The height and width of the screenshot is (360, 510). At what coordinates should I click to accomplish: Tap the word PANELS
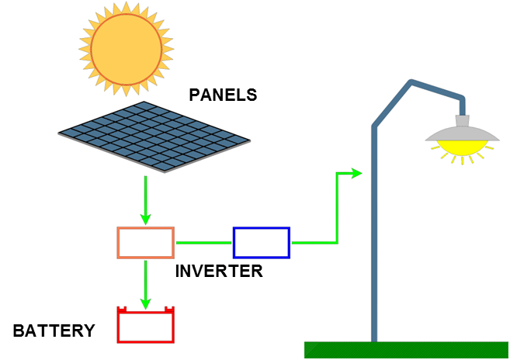tap(223, 95)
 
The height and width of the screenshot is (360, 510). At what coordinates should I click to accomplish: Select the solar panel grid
tap(154, 136)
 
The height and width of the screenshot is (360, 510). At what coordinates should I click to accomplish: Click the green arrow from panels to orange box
tap(145, 199)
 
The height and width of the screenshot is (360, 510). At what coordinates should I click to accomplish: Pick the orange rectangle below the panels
tap(145, 242)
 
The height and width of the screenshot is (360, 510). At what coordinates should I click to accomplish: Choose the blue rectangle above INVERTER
tap(262, 242)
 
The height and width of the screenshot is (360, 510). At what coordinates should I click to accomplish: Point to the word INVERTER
tap(219, 272)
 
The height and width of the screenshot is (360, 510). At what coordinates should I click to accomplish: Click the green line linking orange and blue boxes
tap(203, 243)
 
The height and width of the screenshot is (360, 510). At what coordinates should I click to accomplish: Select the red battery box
tap(145, 326)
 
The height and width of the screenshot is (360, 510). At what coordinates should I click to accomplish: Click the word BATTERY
tap(54, 331)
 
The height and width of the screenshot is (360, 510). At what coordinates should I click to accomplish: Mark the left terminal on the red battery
tap(121, 310)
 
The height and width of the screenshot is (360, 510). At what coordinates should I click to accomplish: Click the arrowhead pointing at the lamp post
tap(356, 173)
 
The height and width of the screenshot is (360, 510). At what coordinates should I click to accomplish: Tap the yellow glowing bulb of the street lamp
tap(463, 147)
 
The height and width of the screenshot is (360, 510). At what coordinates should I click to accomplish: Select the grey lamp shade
tap(462, 133)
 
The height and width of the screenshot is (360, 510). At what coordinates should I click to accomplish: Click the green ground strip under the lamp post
tap(406, 349)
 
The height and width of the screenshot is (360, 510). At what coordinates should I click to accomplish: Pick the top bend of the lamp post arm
tap(411, 82)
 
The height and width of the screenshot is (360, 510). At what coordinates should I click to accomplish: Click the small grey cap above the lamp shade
tap(463, 120)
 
